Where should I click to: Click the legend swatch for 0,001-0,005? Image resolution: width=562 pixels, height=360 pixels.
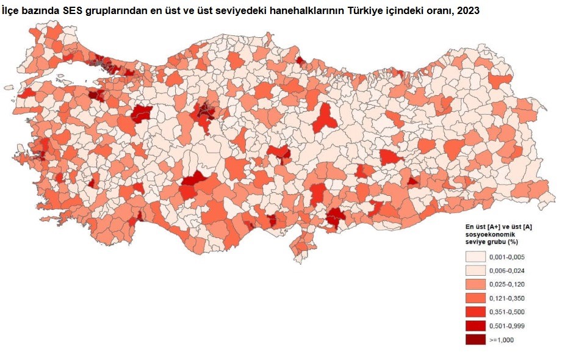point(475,256)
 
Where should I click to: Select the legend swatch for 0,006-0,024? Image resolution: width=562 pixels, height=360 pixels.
point(475,270)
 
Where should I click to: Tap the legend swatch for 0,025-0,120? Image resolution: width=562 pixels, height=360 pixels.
point(475,284)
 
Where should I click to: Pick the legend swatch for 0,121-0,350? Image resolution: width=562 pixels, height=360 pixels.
point(475,298)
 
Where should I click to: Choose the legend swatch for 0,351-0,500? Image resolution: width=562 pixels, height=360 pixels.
point(475,312)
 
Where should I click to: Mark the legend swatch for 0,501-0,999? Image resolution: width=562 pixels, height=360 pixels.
point(475,326)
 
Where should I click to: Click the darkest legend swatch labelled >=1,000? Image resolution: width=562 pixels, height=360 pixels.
point(475,340)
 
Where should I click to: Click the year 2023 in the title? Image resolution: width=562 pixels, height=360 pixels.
point(467,11)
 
